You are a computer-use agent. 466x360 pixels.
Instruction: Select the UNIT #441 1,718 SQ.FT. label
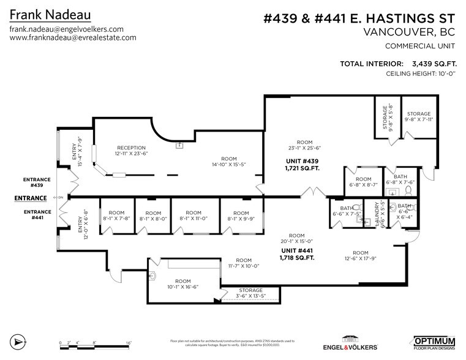298,254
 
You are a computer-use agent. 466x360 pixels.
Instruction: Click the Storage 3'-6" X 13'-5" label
251,293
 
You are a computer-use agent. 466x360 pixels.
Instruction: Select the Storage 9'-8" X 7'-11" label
419,117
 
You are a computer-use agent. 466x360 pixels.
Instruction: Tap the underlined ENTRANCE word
31,198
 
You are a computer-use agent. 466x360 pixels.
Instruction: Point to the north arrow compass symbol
18,341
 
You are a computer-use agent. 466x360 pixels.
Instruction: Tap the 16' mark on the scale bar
129,343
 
